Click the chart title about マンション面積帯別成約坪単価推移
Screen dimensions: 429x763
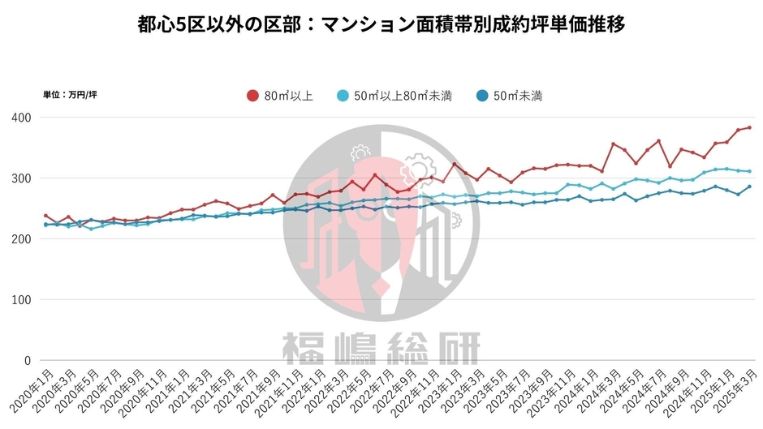click(x=381, y=24)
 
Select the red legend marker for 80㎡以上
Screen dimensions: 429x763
click(x=252, y=96)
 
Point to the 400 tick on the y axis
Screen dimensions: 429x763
click(x=22, y=118)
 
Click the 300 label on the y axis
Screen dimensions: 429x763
click(x=22, y=178)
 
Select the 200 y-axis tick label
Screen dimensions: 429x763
click(x=22, y=239)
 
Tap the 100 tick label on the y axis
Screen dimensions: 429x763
click(x=22, y=300)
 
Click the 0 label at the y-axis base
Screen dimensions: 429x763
click(x=27, y=361)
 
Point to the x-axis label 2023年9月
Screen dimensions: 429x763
click(x=529, y=391)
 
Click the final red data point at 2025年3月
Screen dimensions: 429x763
click(x=749, y=127)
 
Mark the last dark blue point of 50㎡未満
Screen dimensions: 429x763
click(x=749, y=187)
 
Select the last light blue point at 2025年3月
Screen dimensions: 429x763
click(x=749, y=171)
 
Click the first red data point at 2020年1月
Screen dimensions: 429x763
click(x=45, y=216)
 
